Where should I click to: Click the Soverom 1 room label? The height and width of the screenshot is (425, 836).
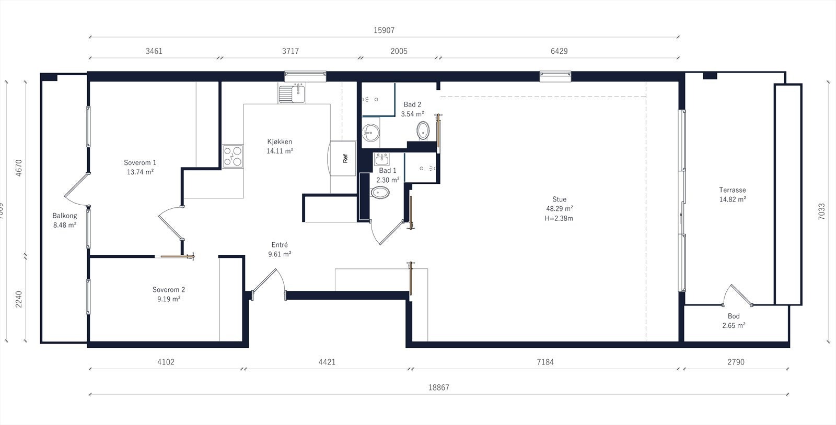click(140, 162)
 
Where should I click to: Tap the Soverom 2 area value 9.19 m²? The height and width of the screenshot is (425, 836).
click(168, 299)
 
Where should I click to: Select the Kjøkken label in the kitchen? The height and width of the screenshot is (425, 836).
click(280, 141)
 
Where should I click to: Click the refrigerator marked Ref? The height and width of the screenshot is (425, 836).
click(344, 158)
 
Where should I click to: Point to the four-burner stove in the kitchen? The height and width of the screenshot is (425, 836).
click(233, 156)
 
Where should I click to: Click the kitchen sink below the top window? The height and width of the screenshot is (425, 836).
click(292, 93)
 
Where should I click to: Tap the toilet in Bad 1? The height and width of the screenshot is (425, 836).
click(380, 193)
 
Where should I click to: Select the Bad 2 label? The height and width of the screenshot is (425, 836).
click(412, 104)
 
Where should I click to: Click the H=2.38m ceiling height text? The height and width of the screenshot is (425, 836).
click(559, 218)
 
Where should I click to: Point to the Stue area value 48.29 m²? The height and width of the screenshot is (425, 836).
click(559, 208)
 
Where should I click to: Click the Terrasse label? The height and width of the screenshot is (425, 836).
click(732, 190)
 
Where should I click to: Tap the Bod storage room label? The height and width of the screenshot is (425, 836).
click(734, 316)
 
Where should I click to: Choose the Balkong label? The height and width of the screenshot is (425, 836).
click(65, 216)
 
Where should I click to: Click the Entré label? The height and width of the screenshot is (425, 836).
click(280, 245)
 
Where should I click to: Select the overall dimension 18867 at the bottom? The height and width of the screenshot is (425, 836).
click(439, 387)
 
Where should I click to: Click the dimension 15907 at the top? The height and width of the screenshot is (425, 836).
click(384, 30)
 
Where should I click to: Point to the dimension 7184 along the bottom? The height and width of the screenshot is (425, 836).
click(544, 362)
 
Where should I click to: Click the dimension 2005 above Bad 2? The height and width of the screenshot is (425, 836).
click(399, 51)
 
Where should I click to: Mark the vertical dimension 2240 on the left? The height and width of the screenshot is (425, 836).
click(19, 299)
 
